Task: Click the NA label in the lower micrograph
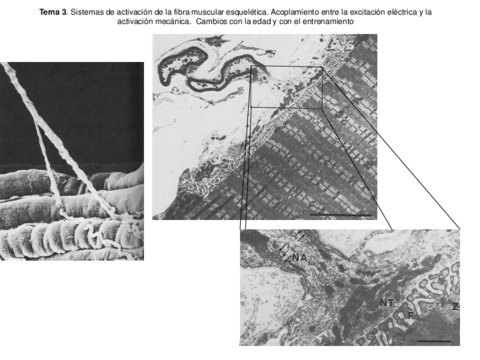click(299, 258)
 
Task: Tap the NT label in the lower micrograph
click(387, 301)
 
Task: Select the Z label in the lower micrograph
click(455, 306)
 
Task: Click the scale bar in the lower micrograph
click(433, 340)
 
